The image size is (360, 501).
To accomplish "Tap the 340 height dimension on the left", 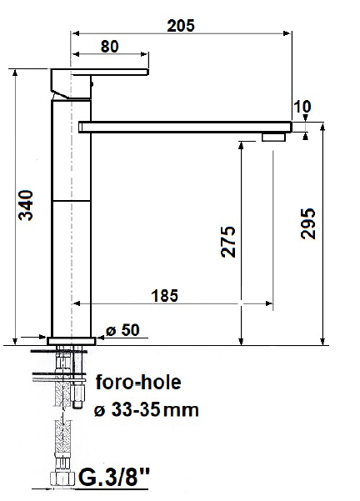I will click(x=27, y=206).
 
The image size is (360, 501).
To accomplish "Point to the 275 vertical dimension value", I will click(x=228, y=242).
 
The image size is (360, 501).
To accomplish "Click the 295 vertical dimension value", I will click(x=308, y=223).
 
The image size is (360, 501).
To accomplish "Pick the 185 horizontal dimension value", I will click(x=167, y=294).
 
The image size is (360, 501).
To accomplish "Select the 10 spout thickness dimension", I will click(x=302, y=106).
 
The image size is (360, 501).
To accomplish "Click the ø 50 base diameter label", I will click(x=122, y=330).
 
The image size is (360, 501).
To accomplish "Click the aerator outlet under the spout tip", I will click(x=273, y=137).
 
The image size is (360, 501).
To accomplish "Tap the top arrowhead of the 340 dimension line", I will click(x=16, y=73).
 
